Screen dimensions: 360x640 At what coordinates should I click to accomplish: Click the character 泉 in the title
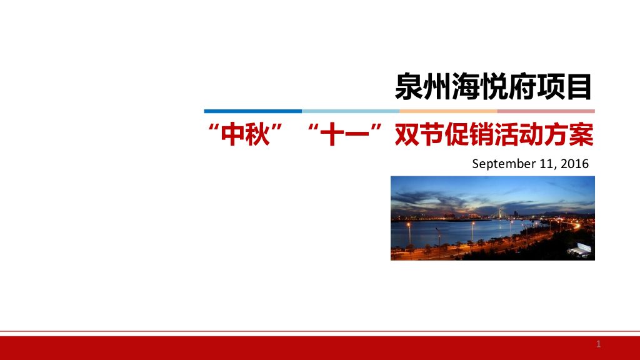coord(407,88)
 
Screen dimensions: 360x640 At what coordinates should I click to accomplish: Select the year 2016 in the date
coord(574,164)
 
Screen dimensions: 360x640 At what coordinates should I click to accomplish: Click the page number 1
coord(598,344)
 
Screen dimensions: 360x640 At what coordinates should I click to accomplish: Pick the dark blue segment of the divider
coord(252,111)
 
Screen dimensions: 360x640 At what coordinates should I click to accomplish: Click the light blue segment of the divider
coord(351,111)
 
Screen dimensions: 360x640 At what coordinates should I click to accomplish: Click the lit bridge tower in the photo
coord(499,214)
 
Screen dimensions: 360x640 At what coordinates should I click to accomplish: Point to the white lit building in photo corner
coord(579,249)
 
